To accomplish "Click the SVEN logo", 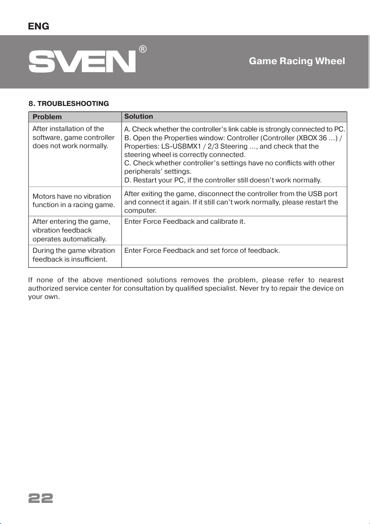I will pos(82,62).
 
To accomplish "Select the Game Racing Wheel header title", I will pos(297,61).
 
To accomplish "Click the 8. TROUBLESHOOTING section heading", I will pos(69,104).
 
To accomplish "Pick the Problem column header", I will pos(47,117).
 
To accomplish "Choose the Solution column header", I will pos(139,116).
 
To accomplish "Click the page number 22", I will pos(40,498).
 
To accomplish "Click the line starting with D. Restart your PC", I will pos(223,180).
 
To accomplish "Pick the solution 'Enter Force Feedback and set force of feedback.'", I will pos(202,251).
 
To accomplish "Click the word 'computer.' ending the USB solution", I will pos(139,210).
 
